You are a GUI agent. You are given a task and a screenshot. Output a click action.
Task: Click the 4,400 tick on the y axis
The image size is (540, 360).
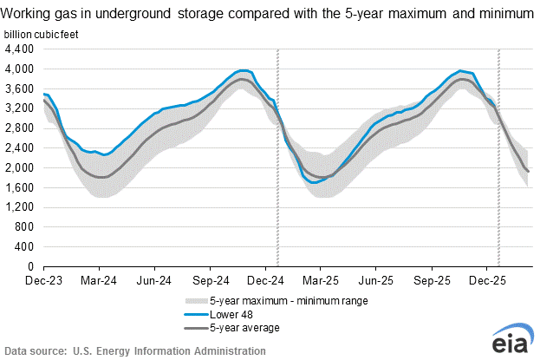tap(20, 49)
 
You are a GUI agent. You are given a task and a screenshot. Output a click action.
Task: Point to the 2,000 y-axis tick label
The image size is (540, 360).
tap(20, 167)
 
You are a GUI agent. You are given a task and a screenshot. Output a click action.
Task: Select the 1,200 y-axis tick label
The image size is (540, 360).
tap(20, 207)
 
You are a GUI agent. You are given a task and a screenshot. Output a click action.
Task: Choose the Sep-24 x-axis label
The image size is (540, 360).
tap(210, 281)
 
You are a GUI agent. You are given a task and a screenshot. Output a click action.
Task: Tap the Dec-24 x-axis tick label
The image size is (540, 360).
tap(264, 281)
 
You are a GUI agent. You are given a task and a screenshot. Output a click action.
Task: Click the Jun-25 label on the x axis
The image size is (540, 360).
tap(375, 281)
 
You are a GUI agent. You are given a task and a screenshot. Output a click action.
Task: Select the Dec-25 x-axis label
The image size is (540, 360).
tap(487, 281)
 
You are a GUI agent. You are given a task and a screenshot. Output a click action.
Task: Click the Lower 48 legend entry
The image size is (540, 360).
tap(223, 314)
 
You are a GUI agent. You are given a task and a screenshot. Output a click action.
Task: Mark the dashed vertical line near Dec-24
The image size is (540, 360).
tap(277, 156)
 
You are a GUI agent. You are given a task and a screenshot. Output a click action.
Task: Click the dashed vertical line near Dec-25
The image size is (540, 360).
tap(498, 156)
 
